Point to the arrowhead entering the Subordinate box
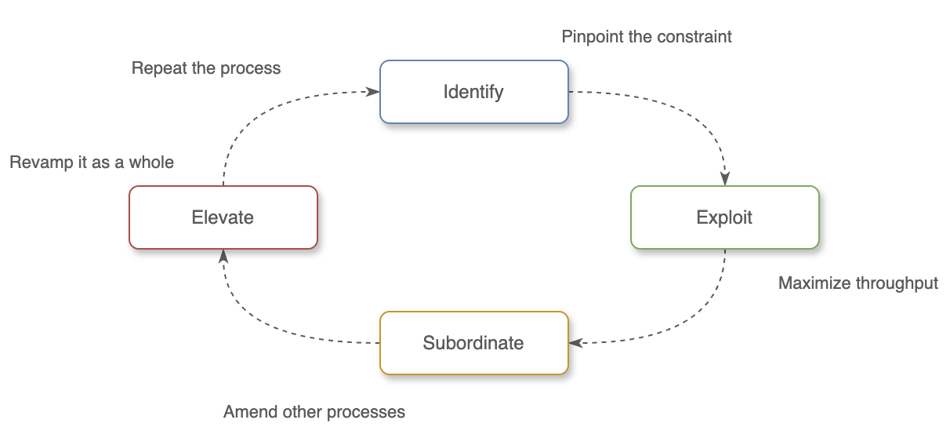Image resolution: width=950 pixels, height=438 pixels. pos(575,343)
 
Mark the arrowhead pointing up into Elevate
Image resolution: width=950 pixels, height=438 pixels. pos(223,256)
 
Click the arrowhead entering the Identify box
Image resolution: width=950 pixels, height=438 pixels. pos(373,92)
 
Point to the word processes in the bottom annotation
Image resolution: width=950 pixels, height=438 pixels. pos(369,412)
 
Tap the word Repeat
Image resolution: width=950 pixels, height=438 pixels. pos(159,68)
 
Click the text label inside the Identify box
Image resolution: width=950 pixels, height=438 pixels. pos(473,92)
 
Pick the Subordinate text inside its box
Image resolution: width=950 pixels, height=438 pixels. pos(473,343)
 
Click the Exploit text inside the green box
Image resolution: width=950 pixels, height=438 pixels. pos(724,217)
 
